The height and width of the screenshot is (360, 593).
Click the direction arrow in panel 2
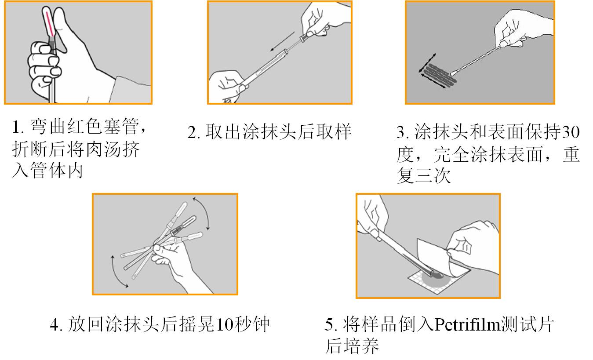282,41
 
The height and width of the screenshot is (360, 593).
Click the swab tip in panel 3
454,73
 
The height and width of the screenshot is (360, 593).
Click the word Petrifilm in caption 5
468,324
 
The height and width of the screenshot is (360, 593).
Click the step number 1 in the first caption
16,127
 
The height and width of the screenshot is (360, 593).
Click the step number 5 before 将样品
330,324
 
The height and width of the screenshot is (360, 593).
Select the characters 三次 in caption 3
433,175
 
